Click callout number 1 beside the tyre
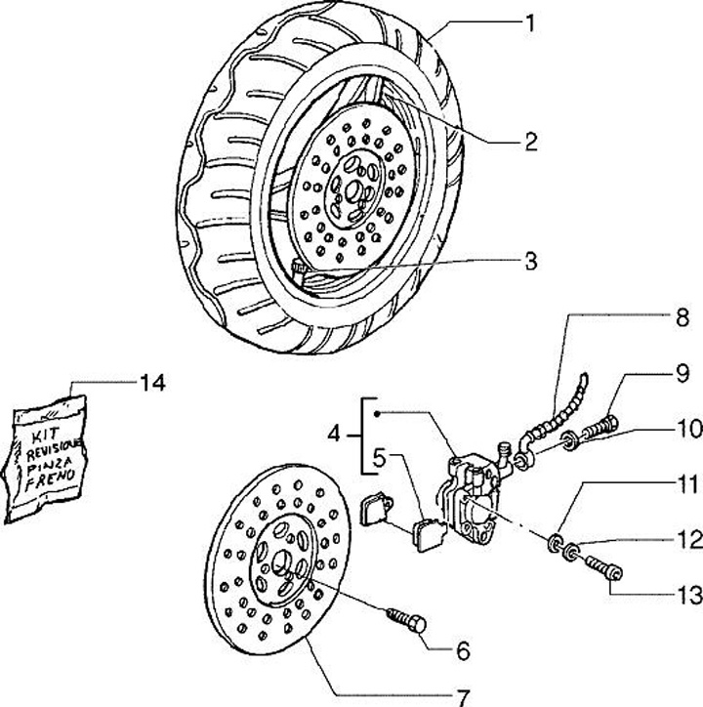click(x=530, y=21)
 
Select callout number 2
click(x=530, y=142)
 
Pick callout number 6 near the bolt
click(x=463, y=649)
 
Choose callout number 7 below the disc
click(x=463, y=697)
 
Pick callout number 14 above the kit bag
click(x=151, y=382)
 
